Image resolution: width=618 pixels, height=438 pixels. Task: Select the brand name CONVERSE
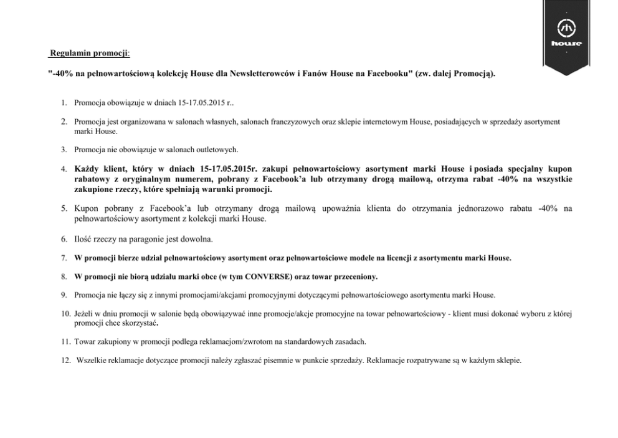270,275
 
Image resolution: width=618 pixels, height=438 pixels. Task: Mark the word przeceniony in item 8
356,275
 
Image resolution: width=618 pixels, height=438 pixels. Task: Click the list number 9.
64,294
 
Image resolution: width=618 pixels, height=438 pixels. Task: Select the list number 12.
65,361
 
